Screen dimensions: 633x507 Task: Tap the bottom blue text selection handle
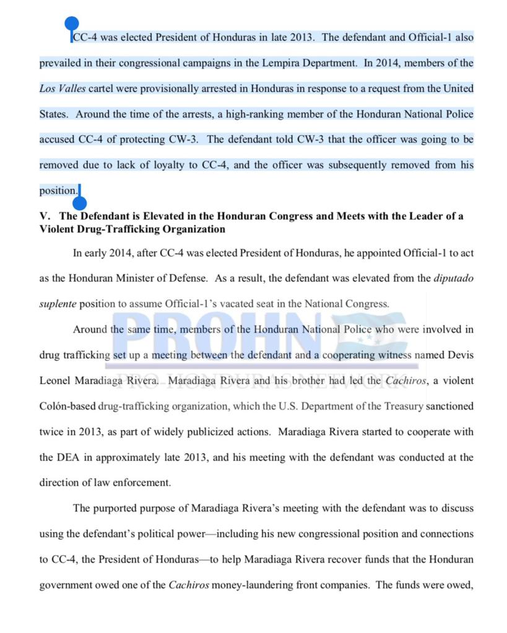click(x=79, y=202)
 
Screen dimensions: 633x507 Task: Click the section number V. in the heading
click(x=45, y=217)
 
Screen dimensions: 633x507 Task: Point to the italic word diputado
click(x=454, y=278)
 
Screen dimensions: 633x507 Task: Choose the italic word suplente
click(x=58, y=304)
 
